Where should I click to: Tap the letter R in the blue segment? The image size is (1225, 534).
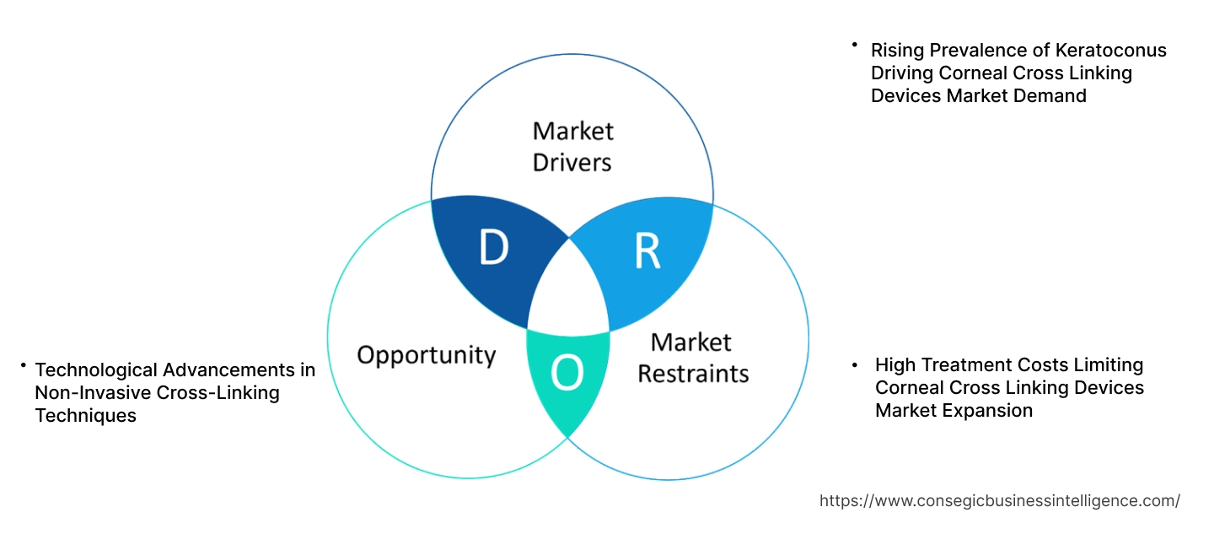coord(647,251)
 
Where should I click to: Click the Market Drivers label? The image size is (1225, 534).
coord(572,146)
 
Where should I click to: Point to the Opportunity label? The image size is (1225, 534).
coord(426,354)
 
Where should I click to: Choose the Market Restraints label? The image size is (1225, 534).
coord(692,357)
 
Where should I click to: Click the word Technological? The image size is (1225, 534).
coord(95,369)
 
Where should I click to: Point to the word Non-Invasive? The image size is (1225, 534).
coord(90,393)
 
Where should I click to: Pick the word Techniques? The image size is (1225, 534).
coord(85,416)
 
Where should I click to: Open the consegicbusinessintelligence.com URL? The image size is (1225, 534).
coord(999,500)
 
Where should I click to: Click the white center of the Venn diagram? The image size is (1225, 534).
coord(569,291)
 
